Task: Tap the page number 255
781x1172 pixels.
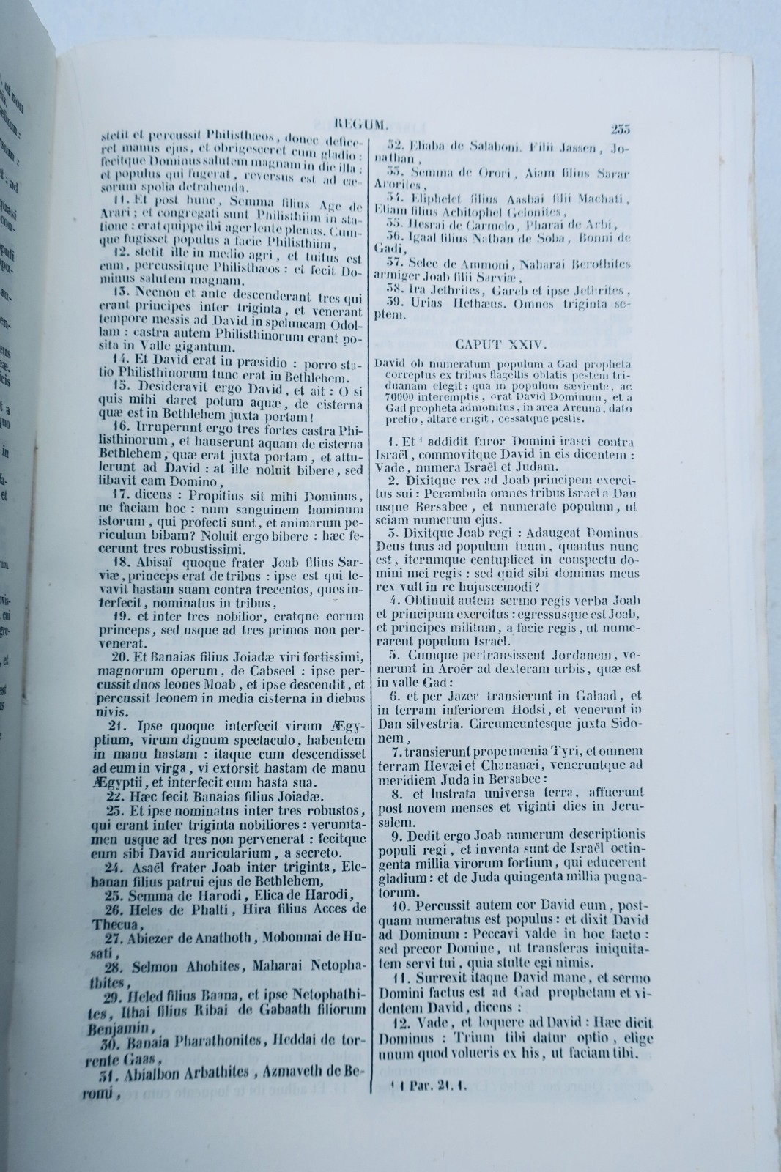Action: (620, 130)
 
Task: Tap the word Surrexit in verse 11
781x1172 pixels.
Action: (445, 978)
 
